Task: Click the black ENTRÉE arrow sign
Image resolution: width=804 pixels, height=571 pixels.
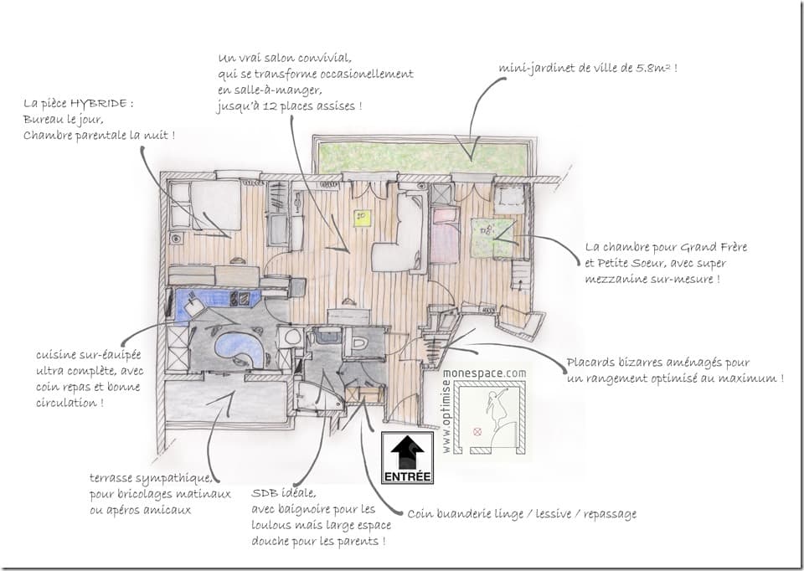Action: (407, 457)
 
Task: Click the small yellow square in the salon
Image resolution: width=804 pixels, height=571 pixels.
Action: (362, 218)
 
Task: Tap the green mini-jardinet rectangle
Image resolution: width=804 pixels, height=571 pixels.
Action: (421, 157)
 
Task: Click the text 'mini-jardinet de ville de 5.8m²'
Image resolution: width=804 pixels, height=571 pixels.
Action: (587, 67)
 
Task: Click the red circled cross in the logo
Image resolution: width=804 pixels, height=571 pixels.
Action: (478, 432)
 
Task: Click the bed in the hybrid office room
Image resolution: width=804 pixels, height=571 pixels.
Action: (214, 206)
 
